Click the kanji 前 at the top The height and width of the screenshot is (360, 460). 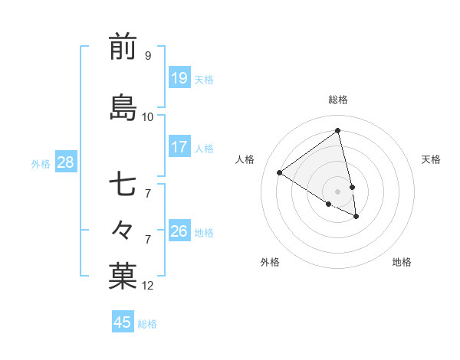pos(123,47)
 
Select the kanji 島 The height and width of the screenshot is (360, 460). pos(123,107)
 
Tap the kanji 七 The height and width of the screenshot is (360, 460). pos(123,186)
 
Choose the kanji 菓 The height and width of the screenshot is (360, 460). pos(123,277)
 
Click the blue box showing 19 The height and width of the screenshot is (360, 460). pos(179,78)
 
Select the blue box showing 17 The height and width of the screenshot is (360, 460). pos(179,147)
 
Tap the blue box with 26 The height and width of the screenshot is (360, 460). pos(179,231)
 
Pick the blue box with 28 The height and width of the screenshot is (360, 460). pos(65,162)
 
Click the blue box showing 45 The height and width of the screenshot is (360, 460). pos(123,322)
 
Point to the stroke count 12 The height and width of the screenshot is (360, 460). pos(148,286)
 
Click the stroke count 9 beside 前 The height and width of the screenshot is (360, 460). pos(148,55)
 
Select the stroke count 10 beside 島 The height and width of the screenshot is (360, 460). pos(148,116)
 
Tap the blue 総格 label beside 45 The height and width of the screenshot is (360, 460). pos(147,324)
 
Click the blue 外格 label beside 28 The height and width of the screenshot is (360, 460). pos(41,163)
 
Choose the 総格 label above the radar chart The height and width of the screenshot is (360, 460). pos(338,100)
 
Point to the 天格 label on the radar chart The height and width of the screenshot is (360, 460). pos(431,159)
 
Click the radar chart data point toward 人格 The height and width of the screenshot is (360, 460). pos(279,173)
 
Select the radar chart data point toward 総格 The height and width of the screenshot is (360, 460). pos(338,131)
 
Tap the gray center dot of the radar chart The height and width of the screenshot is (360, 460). pos(338,191)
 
